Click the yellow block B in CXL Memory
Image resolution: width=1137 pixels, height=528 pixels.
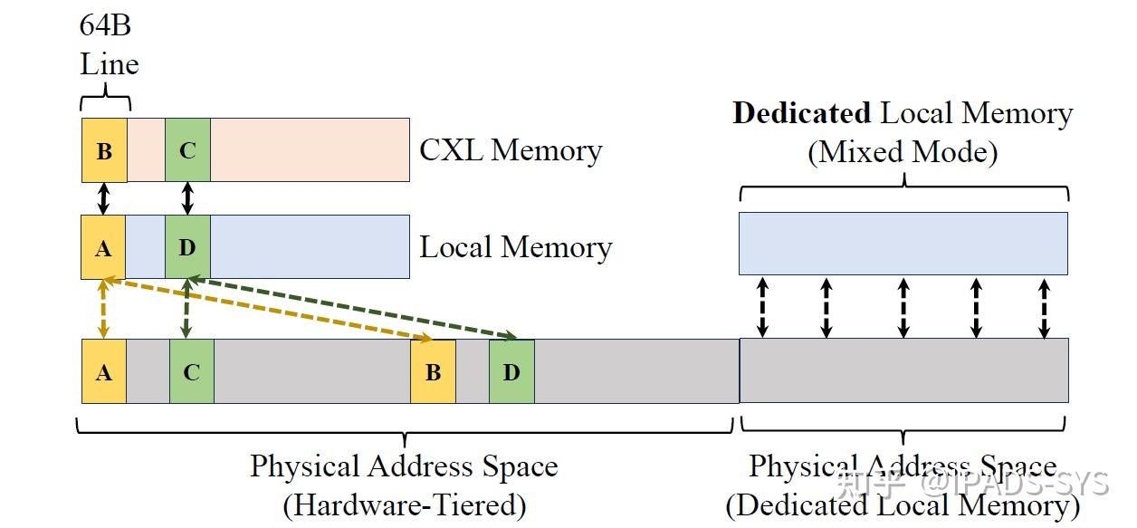[x=104, y=150]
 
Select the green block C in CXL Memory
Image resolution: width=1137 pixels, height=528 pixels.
[x=187, y=150]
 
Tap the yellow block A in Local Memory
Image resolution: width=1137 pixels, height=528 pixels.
[x=103, y=247]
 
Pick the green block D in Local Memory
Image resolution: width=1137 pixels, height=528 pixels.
[x=187, y=247]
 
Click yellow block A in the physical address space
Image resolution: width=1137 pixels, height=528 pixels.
[x=104, y=371]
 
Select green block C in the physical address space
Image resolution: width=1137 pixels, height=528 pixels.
[x=191, y=371]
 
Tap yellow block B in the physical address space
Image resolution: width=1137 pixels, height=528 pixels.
[x=433, y=371]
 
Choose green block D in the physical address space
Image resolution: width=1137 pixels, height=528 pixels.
[x=511, y=371]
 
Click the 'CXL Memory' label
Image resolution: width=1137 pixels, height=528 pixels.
[x=511, y=150]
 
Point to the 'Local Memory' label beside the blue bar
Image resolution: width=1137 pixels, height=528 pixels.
[x=515, y=247]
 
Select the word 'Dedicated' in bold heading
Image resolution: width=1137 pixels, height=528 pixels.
[x=801, y=114]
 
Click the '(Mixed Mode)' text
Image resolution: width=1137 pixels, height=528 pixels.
[x=903, y=152]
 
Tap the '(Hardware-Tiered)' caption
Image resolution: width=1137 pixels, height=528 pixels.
[x=404, y=504]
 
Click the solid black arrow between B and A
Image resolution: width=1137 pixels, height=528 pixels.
[x=103, y=199]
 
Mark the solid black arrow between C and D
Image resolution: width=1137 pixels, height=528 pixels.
[x=187, y=199]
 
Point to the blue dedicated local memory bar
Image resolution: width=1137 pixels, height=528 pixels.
[x=903, y=244]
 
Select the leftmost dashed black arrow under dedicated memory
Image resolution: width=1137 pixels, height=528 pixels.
[x=762, y=307]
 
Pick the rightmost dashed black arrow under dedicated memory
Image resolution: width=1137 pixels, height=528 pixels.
[x=1044, y=307]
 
